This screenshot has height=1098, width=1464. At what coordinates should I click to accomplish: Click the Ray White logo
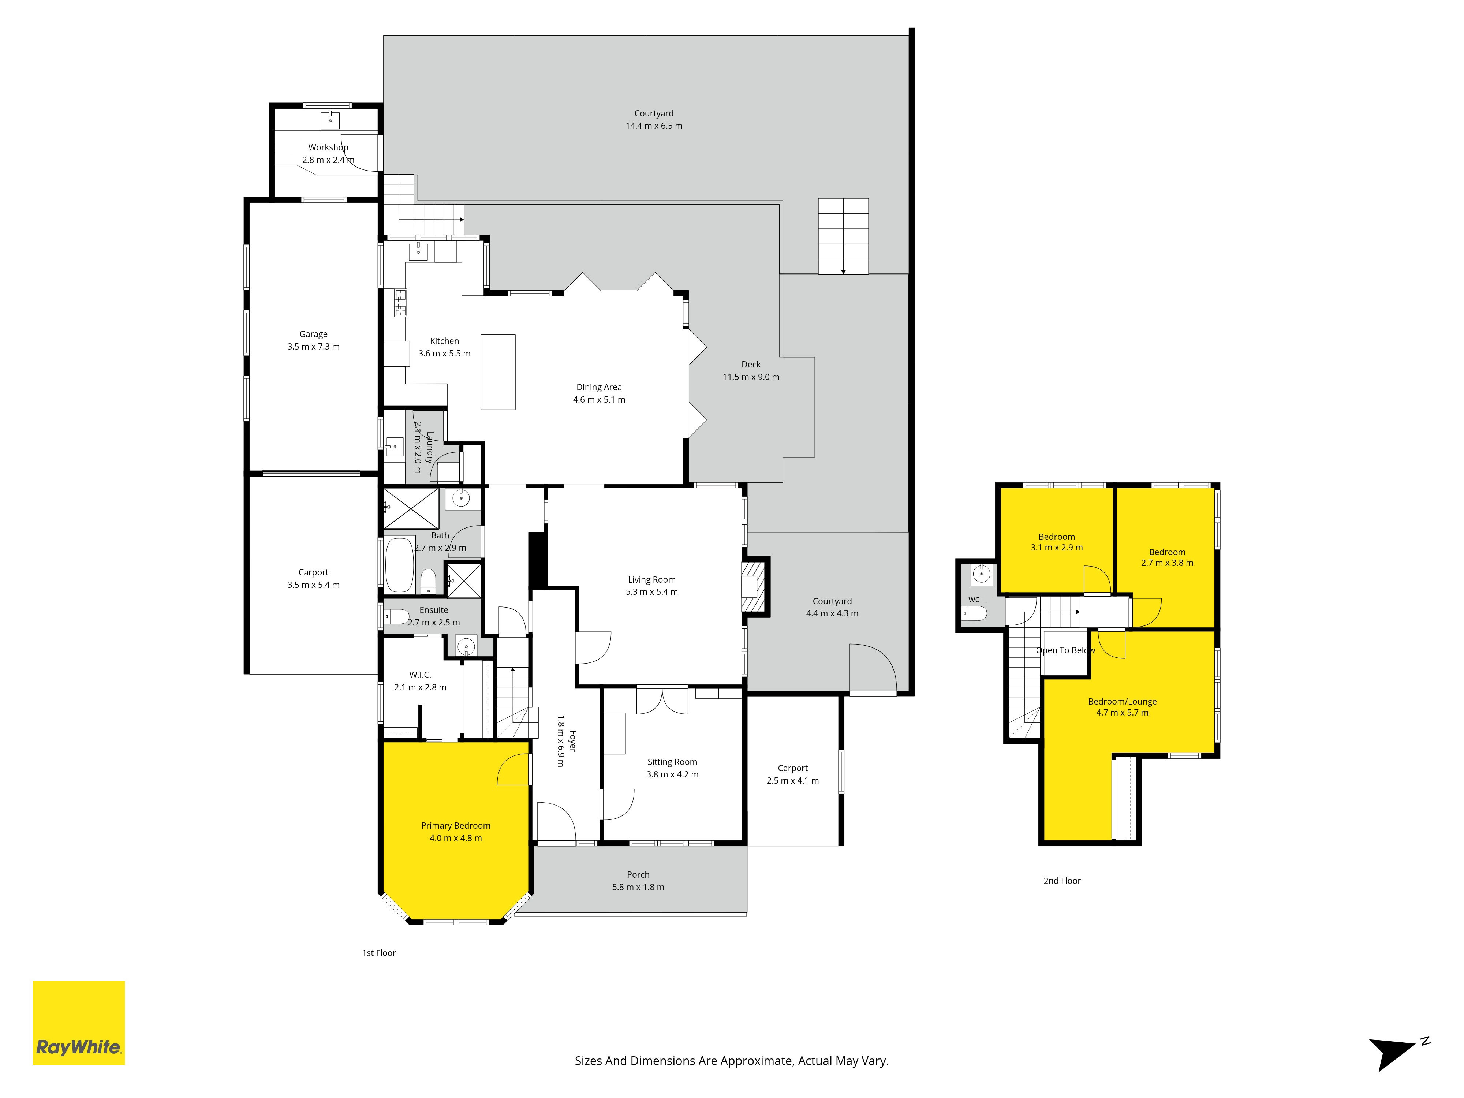[79, 1023]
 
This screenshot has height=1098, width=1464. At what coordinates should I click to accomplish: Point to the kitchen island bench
[498, 372]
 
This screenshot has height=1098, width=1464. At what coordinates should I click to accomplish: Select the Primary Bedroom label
[456, 825]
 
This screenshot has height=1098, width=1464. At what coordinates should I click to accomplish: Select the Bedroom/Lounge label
[1123, 702]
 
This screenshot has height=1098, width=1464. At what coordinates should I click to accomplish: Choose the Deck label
[751, 365]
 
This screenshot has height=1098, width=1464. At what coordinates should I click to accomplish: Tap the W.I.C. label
[420, 675]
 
